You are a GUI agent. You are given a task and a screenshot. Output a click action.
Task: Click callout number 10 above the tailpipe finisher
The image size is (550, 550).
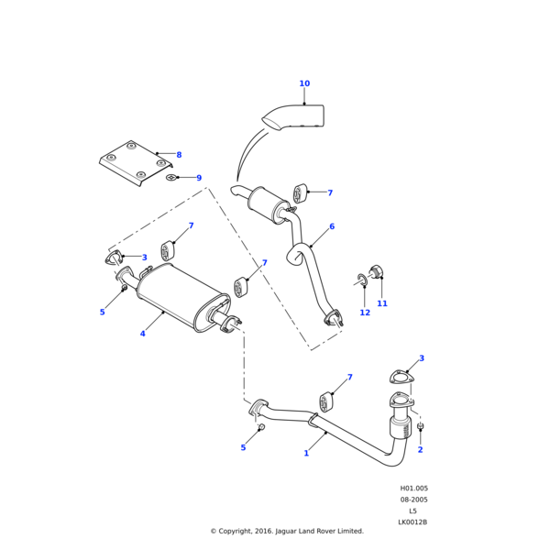point(304,84)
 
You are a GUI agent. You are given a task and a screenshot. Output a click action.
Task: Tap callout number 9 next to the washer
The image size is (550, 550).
point(198,178)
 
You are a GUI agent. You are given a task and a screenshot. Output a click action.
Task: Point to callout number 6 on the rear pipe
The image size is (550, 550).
point(332,226)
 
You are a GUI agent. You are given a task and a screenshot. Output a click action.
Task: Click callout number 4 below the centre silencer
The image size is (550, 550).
point(142,334)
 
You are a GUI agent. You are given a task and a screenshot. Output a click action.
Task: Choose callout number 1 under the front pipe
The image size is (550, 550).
point(306,453)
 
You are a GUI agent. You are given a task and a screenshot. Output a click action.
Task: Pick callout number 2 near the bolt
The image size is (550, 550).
point(420,449)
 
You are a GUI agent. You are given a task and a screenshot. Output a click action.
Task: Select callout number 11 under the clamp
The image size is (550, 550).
point(382,303)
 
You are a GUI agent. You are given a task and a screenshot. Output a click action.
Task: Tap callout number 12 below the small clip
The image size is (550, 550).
point(365,313)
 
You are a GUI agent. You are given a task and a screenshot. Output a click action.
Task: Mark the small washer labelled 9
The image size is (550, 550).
point(171,177)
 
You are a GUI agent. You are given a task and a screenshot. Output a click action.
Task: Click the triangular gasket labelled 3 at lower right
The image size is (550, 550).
point(400,376)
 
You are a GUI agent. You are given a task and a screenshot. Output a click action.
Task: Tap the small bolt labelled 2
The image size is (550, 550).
point(420,428)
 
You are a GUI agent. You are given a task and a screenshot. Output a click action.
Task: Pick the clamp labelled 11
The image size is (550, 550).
point(375,272)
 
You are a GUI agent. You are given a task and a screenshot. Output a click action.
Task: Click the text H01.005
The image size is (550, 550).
point(413,489)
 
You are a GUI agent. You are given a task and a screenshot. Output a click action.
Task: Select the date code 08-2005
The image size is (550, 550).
point(413,500)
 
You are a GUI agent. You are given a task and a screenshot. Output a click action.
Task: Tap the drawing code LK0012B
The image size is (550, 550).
point(412,522)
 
